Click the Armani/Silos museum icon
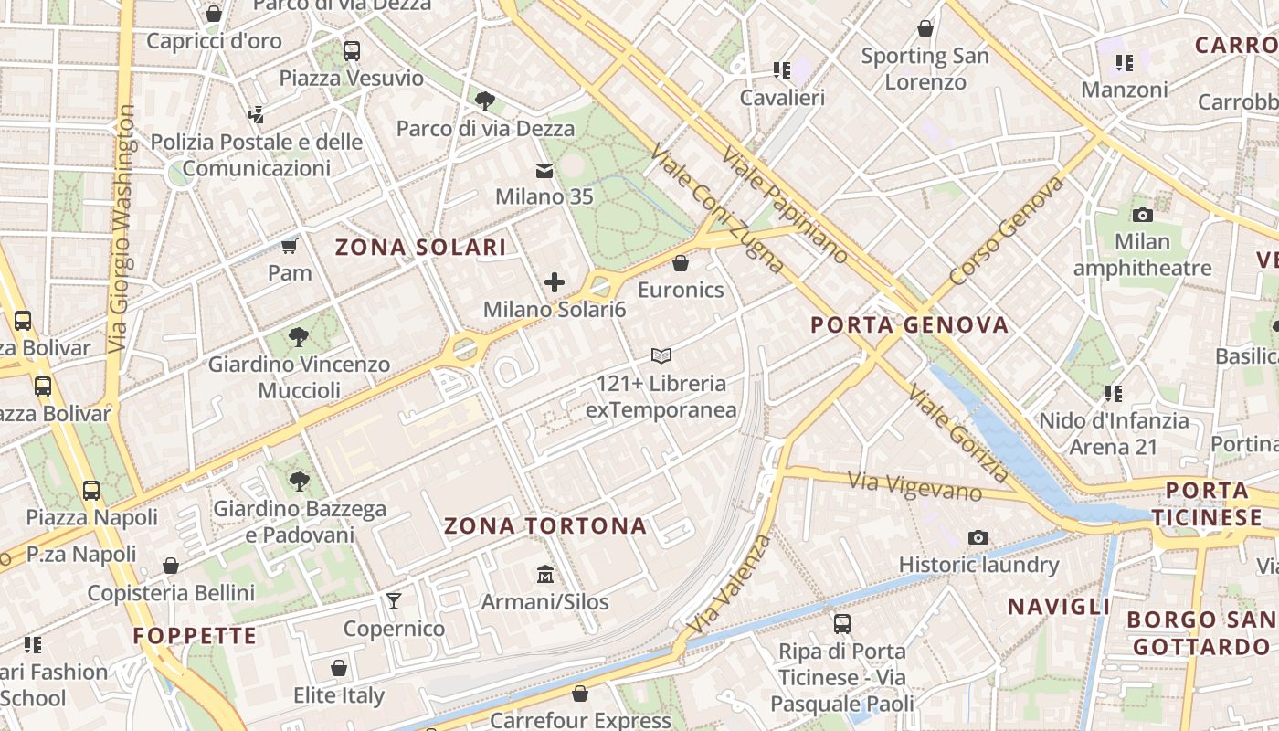click(x=545, y=574)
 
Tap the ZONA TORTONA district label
click(x=545, y=526)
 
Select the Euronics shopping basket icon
click(x=680, y=264)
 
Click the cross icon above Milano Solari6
click(x=555, y=282)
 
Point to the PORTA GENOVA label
click(x=910, y=325)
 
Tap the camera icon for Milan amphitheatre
click(x=1142, y=215)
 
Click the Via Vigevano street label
click(x=914, y=486)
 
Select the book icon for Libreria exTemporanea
click(x=661, y=355)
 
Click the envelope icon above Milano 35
click(x=544, y=170)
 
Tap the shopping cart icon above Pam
click(x=290, y=246)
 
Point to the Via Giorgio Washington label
click(x=121, y=228)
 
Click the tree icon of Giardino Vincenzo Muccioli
click(x=298, y=337)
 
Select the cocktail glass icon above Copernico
click(x=394, y=600)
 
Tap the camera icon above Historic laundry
click(x=978, y=537)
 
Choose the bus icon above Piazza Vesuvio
click(x=352, y=51)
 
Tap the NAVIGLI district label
click(x=1059, y=607)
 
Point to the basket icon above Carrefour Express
click(x=579, y=694)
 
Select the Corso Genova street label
click(x=1007, y=230)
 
